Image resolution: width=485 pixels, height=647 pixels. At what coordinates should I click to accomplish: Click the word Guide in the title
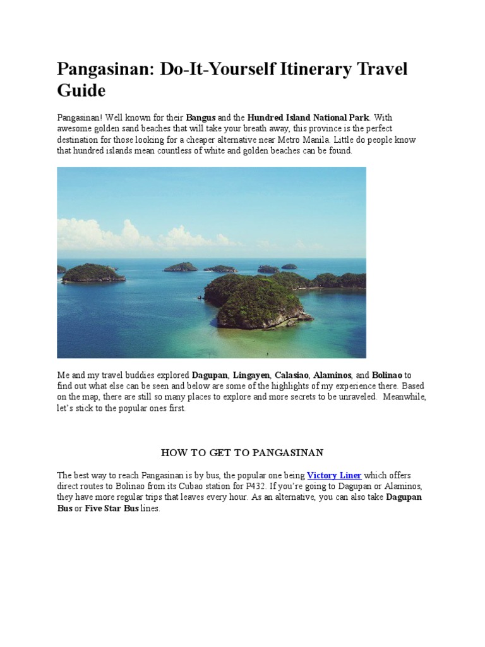pyautogui.click(x=81, y=90)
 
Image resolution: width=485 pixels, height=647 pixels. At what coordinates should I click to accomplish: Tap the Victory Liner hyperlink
pyautogui.click(x=334, y=475)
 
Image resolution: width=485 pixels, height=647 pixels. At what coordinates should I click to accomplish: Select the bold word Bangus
pyautogui.click(x=201, y=118)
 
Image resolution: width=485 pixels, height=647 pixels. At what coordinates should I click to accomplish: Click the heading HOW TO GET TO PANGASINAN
pyautogui.click(x=242, y=452)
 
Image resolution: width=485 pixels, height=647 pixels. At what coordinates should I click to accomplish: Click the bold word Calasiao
pyautogui.click(x=290, y=375)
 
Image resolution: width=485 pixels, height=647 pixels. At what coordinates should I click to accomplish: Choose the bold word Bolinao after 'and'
pyautogui.click(x=388, y=375)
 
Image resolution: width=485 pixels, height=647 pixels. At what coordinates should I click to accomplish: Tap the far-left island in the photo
pyautogui.click(x=92, y=273)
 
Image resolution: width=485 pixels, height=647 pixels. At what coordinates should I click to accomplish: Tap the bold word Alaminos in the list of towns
pyautogui.click(x=332, y=375)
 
